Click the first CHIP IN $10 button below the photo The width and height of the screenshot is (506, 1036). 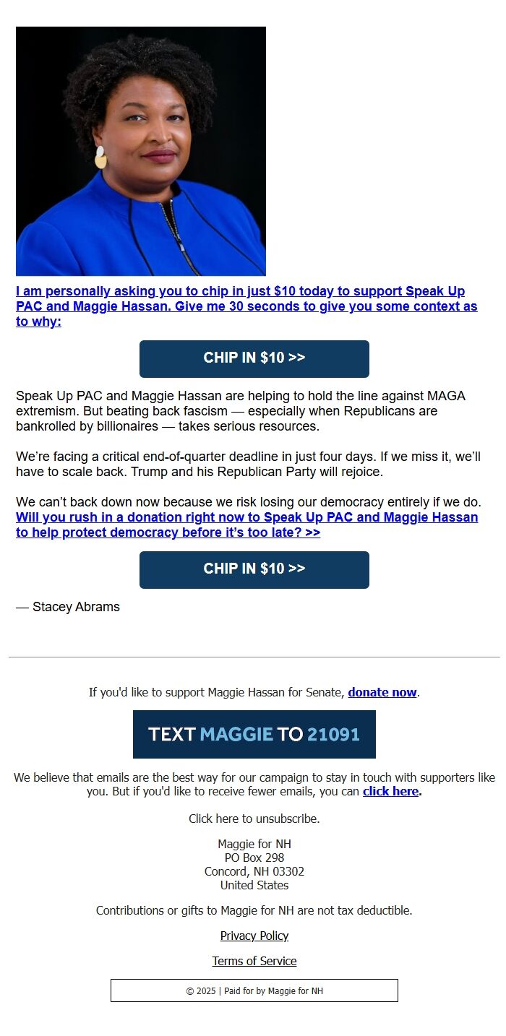(254, 358)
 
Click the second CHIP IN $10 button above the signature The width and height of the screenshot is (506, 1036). (254, 569)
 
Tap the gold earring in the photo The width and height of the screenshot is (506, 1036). (100, 157)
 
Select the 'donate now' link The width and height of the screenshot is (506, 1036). (382, 692)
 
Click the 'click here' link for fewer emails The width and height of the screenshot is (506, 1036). (390, 791)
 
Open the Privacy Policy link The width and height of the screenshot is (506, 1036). (254, 936)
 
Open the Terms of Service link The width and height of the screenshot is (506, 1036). (254, 961)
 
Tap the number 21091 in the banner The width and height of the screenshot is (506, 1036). (333, 735)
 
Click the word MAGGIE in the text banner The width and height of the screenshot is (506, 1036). (236, 735)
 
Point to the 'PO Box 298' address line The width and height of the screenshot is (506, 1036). (254, 858)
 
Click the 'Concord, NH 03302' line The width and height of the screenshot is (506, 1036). (254, 871)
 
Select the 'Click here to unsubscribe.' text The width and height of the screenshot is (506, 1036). (254, 819)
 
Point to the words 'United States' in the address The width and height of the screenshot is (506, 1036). (254, 885)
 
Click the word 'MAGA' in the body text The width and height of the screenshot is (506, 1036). (446, 396)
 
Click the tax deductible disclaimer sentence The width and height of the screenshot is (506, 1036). (254, 910)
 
